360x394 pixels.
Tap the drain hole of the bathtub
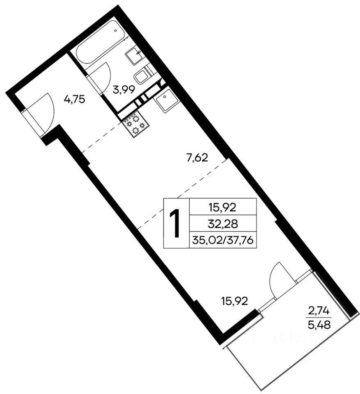(115, 30)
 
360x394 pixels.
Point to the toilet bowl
(141, 76)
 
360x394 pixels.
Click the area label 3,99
(124, 89)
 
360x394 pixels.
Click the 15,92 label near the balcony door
(234, 301)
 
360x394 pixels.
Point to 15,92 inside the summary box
(222, 207)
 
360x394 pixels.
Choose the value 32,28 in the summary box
(223, 223)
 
